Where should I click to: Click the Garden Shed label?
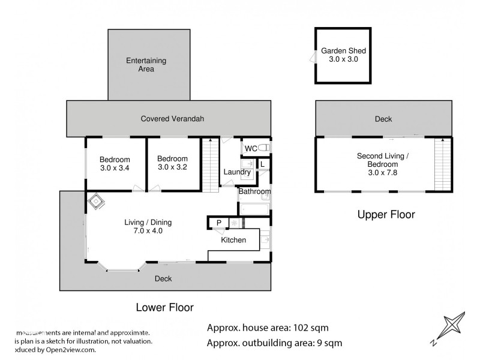click(343, 51)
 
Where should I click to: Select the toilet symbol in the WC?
click(265, 147)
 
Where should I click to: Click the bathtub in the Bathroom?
click(254, 209)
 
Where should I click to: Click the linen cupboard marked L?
click(263, 164)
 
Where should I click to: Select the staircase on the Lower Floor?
click(209, 164)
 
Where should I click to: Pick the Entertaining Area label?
click(146, 65)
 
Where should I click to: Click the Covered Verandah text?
click(172, 119)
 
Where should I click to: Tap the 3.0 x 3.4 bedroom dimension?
click(115, 168)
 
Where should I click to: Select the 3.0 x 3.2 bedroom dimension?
click(172, 167)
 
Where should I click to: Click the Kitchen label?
click(233, 240)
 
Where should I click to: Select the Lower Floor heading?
click(164, 308)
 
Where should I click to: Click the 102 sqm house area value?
click(311, 328)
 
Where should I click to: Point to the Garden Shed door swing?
click(313, 57)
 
